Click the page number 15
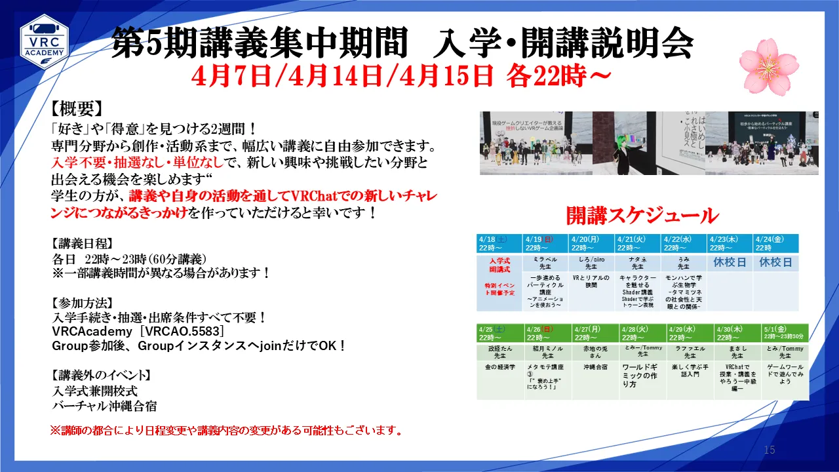770,450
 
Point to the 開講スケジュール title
642,215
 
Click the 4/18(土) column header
499,243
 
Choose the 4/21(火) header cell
637,243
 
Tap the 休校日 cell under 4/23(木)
730,262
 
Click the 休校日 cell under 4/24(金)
775,262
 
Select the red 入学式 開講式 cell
499,264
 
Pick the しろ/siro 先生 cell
591,263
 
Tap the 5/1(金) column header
785,332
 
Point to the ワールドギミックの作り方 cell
642,376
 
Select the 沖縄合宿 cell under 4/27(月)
595,367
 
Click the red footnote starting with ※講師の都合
226,431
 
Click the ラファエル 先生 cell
690,352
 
